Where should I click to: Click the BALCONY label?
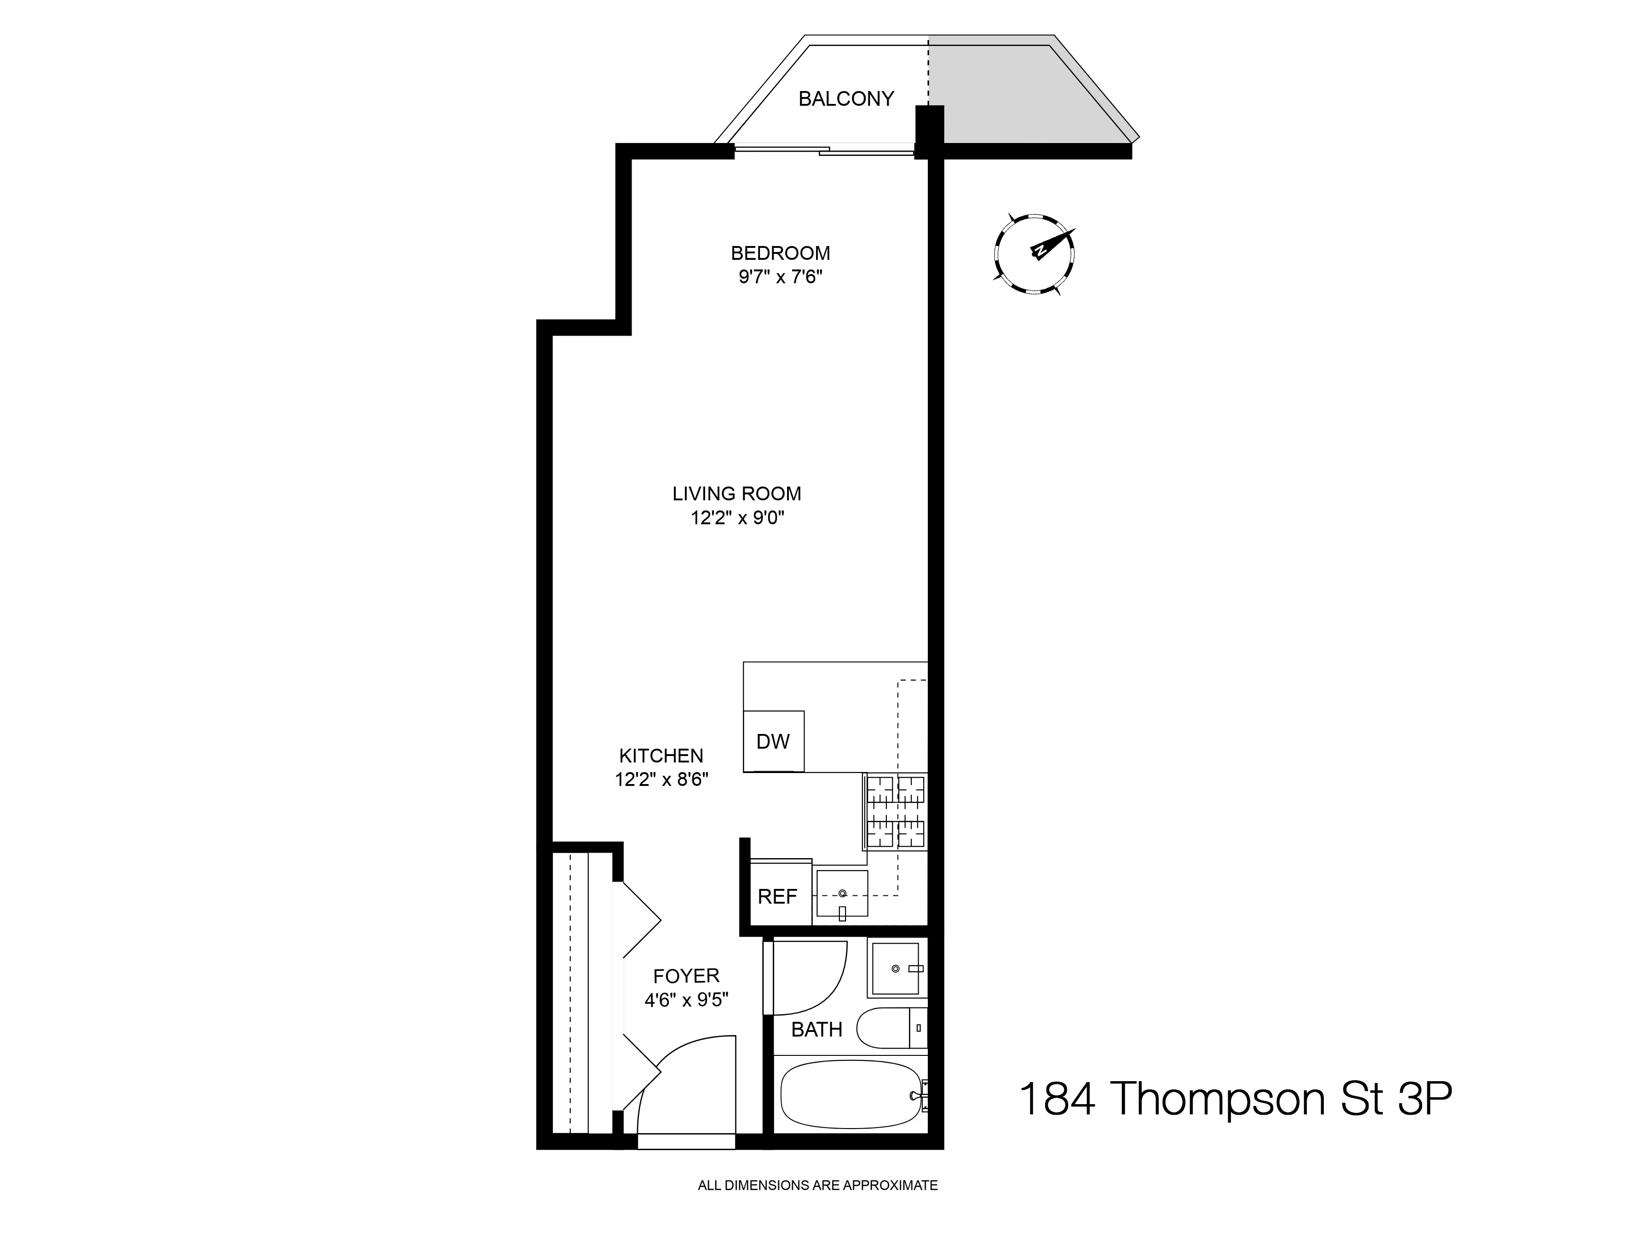pos(845,99)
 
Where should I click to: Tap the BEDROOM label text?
pos(780,253)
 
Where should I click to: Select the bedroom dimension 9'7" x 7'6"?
pos(780,277)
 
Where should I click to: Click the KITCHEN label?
pos(661,756)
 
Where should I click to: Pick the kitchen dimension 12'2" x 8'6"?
pos(661,780)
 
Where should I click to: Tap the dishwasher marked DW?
pos(773,741)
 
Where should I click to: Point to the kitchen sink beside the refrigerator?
pos(842,894)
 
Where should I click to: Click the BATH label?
pos(816,1030)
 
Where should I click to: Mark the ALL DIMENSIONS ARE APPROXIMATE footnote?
pos(817,1186)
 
